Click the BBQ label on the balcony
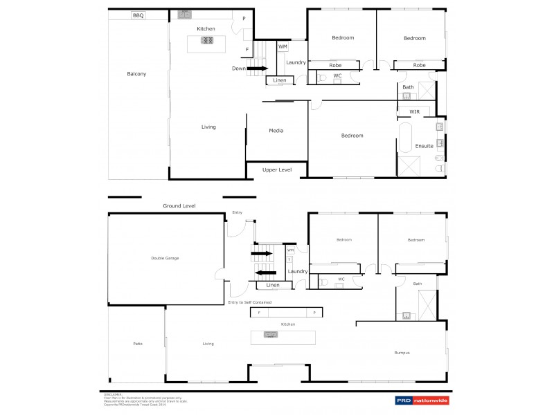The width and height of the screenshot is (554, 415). coord(138,15)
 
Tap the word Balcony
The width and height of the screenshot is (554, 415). coord(136,74)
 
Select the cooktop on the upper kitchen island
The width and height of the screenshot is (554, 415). coord(206,40)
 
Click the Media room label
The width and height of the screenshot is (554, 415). coord(276,130)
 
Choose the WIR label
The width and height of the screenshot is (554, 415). coord(414,111)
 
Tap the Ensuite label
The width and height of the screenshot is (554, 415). coord(424,146)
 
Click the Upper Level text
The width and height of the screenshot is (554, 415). coord(276,169)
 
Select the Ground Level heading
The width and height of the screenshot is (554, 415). coord(179,205)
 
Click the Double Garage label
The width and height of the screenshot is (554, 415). coord(165,258)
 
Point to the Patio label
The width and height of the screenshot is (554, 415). coord(137,344)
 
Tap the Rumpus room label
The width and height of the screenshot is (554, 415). coord(402,353)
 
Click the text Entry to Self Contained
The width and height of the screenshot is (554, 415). coord(250,302)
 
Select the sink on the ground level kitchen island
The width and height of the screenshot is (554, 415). coord(270,335)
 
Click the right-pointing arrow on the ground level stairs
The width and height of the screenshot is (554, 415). coord(262,254)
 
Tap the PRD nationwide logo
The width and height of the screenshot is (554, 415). coord(421,400)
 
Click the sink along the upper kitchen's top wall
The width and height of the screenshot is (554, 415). coord(184,14)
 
